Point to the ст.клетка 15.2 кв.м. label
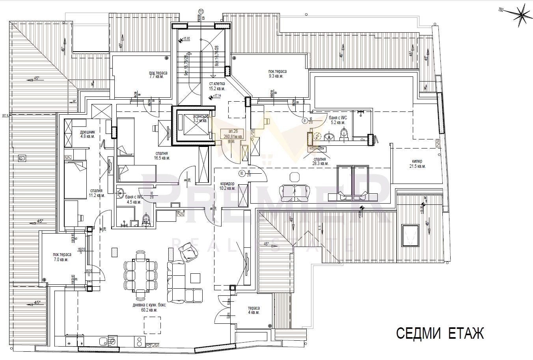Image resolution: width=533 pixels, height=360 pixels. (x=217, y=86)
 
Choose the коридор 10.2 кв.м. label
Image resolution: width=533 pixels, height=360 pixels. (x=227, y=186)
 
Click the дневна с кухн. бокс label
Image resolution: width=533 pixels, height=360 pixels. (x=145, y=308)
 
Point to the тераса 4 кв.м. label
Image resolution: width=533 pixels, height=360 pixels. (x=253, y=310)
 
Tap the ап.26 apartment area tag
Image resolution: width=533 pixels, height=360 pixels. (x=233, y=134)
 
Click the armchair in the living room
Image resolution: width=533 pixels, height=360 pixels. (x=189, y=253)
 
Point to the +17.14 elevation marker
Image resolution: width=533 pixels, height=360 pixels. (x=214, y=96)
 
